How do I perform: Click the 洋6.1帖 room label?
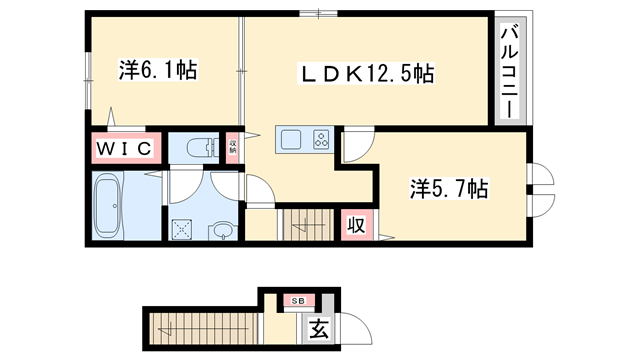pyautogui.click(x=158, y=70)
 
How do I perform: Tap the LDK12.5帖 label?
pyautogui.click(x=369, y=74)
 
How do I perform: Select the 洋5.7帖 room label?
pyautogui.click(x=449, y=187)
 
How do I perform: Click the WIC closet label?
pyautogui.click(x=124, y=149)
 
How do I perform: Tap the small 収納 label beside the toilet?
pyautogui.click(x=233, y=149)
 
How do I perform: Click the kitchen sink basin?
pyautogui.click(x=289, y=140)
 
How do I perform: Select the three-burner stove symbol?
pyautogui.click(x=322, y=140)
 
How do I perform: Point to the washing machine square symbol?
pyautogui.click(x=183, y=228)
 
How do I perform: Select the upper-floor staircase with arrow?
pyautogui.click(x=307, y=223)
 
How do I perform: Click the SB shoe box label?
pyautogui.click(x=297, y=300)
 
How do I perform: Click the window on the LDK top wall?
pyautogui.click(x=318, y=12)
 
